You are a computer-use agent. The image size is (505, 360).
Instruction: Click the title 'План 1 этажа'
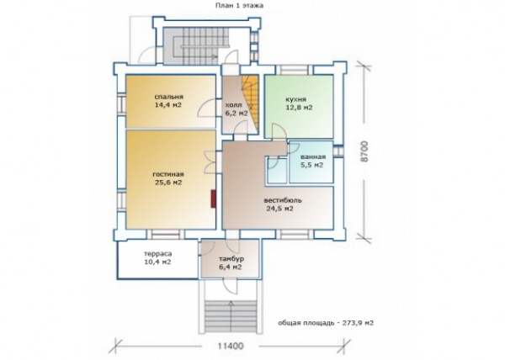pyautogui.click(x=239, y=6)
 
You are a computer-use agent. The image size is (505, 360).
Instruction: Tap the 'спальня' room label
pyautogui.click(x=169, y=97)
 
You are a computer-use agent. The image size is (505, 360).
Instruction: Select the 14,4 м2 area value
pyautogui.click(x=168, y=105)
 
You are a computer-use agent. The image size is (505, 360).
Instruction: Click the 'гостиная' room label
pyautogui.click(x=168, y=174)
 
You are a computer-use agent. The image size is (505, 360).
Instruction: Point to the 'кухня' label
pyautogui.click(x=295, y=99)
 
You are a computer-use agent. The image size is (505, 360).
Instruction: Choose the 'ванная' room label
pyautogui.click(x=313, y=157)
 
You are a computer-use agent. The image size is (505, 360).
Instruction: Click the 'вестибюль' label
pyautogui.click(x=283, y=200)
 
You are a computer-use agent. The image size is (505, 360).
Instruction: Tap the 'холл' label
pyautogui.click(x=233, y=105)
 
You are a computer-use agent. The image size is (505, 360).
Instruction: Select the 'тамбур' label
pyautogui.click(x=231, y=259)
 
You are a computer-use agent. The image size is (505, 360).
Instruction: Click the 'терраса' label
pyautogui.click(x=158, y=254)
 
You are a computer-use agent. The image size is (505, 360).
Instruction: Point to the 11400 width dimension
pyautogui.click(x=231, y=347)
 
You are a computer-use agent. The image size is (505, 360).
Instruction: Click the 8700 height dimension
pyautogui.click(x=364, y=151)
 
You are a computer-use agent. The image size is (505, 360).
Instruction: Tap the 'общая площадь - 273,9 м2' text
pyautogui.click(x=326, y=323)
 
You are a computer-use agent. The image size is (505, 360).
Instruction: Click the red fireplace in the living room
pyautogui.click(x=213, y=199)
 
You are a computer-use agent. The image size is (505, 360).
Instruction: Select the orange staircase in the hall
pyautogui.click(x=251, y=103)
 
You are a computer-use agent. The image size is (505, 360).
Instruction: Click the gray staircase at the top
pyautogui.click(x=195, y=45)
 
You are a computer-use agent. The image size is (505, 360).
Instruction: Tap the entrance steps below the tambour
pyautogui.click(x=231, y=316)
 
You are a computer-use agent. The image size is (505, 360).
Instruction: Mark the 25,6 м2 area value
pyautogui.click(x=168, y=183)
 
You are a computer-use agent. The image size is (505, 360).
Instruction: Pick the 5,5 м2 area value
pyautogui.click(x=311, y=165)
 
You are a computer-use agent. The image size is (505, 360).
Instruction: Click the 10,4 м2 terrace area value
pyautogui.click(x=158, y=262)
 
